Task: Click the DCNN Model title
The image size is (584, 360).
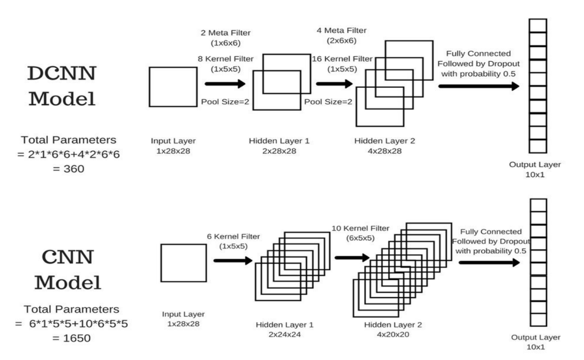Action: [x=62, y=86]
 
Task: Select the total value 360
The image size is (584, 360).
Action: [x=74, y=169]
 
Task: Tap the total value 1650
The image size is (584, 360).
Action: [x=77, y=339]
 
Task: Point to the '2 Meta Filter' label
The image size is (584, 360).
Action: [x=226, y=33]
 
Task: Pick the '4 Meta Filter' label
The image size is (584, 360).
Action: [x=342, y=30]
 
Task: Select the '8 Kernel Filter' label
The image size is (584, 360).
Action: [x=226, y=59]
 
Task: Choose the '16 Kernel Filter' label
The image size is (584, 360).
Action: [x=342, y=59]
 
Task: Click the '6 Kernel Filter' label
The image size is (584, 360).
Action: [x=233, y=236]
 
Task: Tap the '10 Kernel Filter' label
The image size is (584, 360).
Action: [x=360, y=228]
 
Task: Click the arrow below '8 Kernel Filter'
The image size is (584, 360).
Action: [x=225, y=84]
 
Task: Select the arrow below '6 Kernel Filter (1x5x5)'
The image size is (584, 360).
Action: [x=233, y=260]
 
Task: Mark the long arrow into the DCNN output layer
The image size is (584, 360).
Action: [x=479, y=86]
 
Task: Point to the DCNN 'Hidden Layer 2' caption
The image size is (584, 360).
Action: [x=385, y=141]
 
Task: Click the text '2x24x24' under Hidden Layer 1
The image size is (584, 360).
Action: [x=285, y=334]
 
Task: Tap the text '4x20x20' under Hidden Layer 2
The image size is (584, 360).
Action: [x=393, y=334]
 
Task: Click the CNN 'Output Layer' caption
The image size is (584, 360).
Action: [x=536, y=337]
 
